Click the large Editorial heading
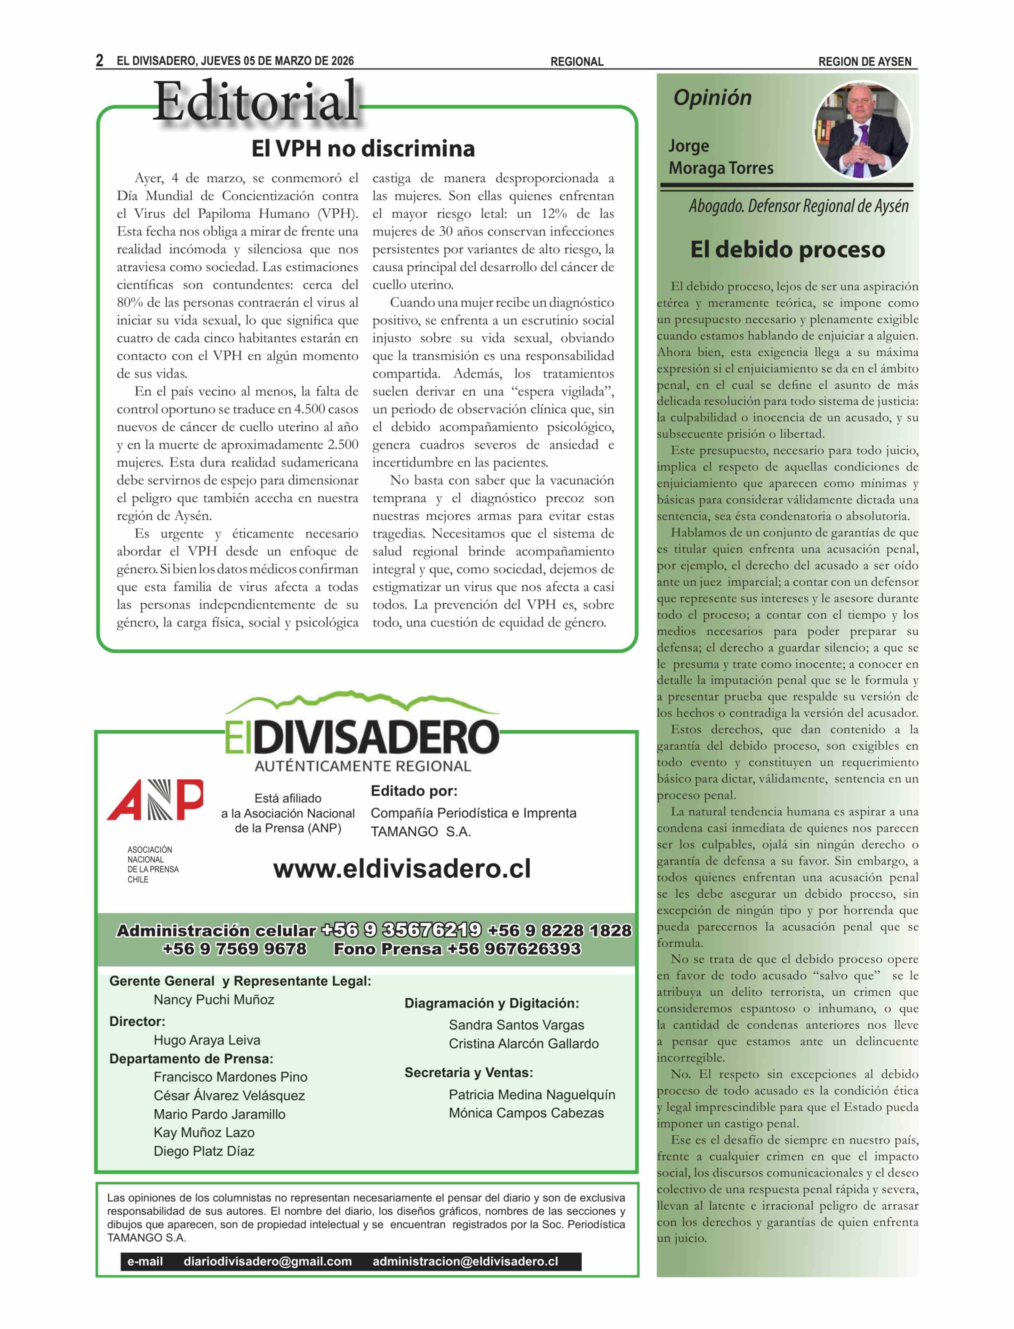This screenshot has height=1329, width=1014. (256, 101)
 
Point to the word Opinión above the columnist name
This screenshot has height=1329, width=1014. (712, 98)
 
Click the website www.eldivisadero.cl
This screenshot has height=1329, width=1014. (402, 869)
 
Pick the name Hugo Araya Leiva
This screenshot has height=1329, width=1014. (207, 1040)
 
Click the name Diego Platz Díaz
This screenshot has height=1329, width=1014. (204, 1151)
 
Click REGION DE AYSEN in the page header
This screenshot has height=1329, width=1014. (864, 62)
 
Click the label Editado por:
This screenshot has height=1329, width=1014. (414, 791)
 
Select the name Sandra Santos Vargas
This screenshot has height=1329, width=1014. (516, 1025)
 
